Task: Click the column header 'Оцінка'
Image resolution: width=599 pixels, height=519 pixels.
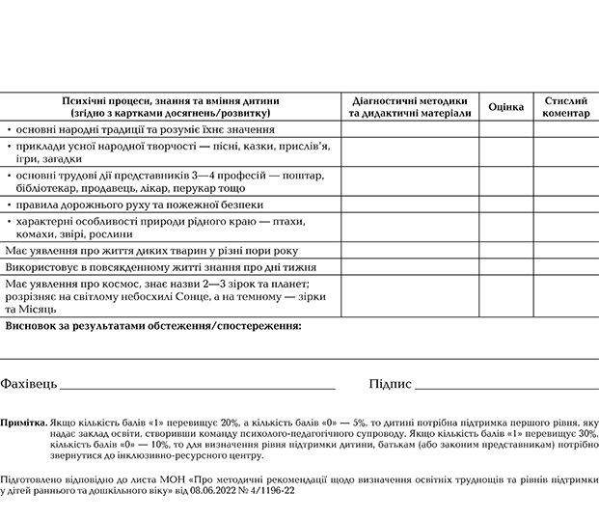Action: (506, 106)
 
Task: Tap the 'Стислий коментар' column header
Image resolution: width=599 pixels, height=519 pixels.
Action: (566, 106)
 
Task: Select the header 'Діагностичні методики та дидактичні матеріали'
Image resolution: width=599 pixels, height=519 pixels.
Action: (410, 106)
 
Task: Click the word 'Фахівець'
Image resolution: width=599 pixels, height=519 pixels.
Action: (29, 384)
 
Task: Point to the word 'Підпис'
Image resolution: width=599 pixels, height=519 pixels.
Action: (391, 384)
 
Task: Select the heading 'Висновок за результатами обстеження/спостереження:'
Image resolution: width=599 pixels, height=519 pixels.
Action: (153, 326)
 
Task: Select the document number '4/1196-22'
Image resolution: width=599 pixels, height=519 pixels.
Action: (273, 491)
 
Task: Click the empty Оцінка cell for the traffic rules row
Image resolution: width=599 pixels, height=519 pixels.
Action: (506, 205)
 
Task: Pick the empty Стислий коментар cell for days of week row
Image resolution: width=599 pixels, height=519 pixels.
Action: (566, 265)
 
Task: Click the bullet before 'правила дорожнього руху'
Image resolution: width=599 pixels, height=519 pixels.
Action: (10, 205)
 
